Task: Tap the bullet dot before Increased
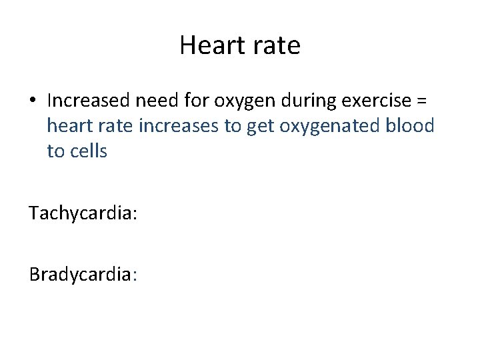33,101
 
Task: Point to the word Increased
90,101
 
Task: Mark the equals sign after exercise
422,101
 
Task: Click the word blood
409,126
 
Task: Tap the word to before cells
55,151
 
